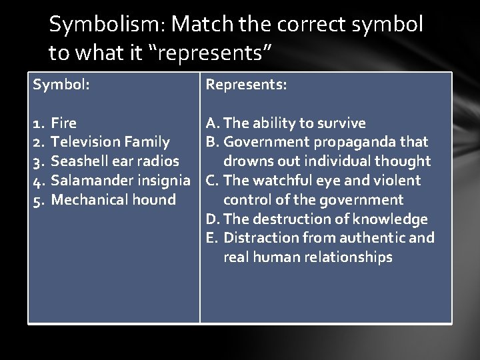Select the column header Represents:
pyautogui.click(x=247, y=85)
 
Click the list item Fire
pyautogui.click(x=64, y=123)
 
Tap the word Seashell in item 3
pyautogui.click(x=78, y=161)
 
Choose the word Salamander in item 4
pyautogui.click(x=89, y=180)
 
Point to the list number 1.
pyautogui.click(x=37, y=123)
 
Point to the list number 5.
pyautogui.click(x=37, y=199)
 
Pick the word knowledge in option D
pyautogui.click(x=396, y=219)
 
